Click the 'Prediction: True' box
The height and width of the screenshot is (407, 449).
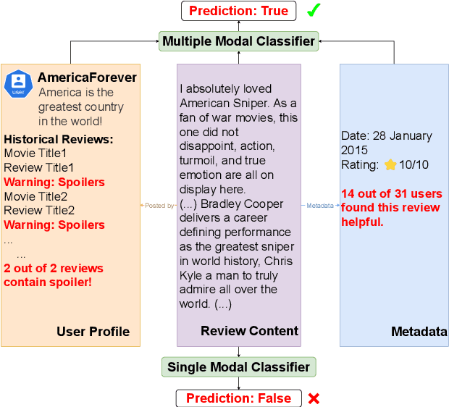pyautogui.click(x=238, y=11)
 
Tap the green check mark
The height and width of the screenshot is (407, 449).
pyautogui.click(x=314, y=11)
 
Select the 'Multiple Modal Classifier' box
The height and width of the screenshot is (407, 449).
pyautogui.click(x=238, y=41)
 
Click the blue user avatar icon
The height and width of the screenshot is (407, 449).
pyautogui.click(x=18, y=84)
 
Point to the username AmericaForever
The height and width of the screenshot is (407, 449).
pyautogui.click(x=87, y=77)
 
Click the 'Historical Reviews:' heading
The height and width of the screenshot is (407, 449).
pyautogui.click(x=59, y=139)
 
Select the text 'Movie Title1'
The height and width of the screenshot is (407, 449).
pyautogui.click(x=35, y=154)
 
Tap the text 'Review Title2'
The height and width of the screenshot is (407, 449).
pyautogui.click(x=39, y=211)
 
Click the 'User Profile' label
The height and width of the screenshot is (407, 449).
pyautogui.click(x=93, y=332)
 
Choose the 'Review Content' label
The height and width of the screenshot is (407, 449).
pyautogui.click(x=249, y=331)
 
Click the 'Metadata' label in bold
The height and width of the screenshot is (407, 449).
pyautogui.click(x=419, y=332)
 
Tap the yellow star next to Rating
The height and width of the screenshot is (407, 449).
pyautogui.click(x=390, y=165)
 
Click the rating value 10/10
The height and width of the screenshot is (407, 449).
pyautogui.click(x=414, y=165)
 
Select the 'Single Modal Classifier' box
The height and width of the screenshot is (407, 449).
pyautogui.click(x=238, y=367)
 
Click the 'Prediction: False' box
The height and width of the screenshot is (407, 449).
pyautogui.click(x=238, y=398)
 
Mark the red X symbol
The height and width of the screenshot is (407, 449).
pyautogui.click(x=314, y=398)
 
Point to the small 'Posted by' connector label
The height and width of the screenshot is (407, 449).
pyautogui.click(x=159, y=206)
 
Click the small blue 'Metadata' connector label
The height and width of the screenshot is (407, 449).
pyautogui.click(x=320, y=206)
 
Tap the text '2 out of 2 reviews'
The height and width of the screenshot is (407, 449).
pyautogui.click(x=54, y=269)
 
